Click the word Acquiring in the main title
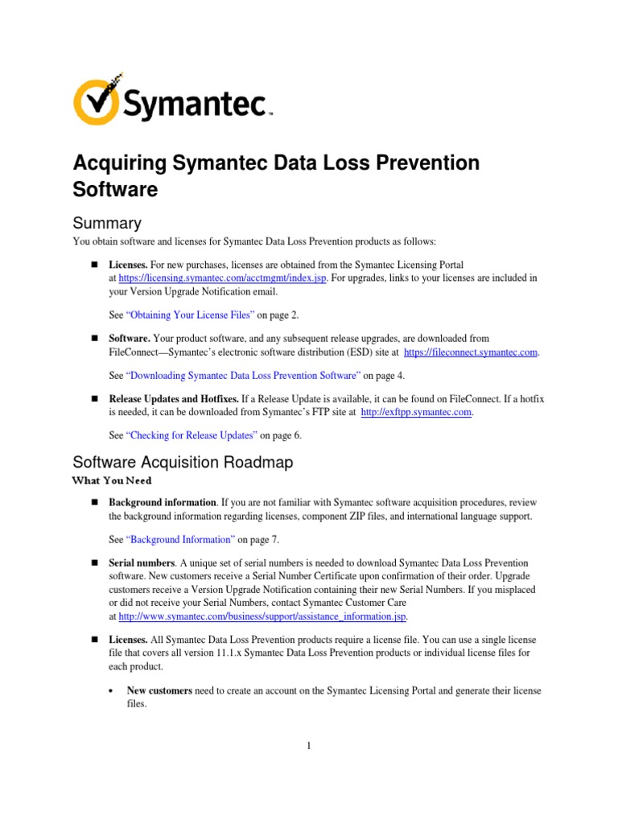(x=120, y=163)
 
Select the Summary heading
(x=107, y=223)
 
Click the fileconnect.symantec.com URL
(x=471, y=352)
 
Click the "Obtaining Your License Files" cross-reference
(x=191, y=315)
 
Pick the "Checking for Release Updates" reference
(x=192, y=435)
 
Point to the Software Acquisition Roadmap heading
(x=183, y=463)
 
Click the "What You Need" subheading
(x=112, y=480)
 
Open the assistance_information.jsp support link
(x=262, y=616)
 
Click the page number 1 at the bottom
(x=308, y=746)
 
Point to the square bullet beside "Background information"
(x=93, y=502)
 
